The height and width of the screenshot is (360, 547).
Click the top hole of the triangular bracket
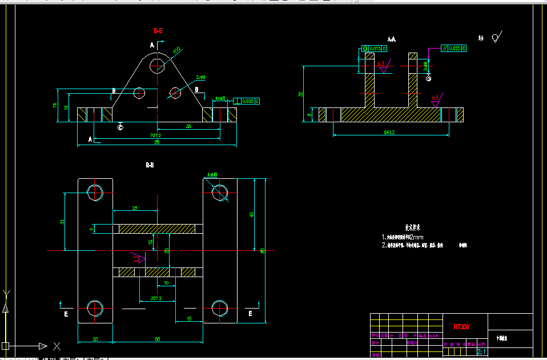tap(157, 66)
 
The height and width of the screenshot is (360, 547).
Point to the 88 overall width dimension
tap(157, 142)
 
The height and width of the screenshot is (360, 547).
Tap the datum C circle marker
tap(120, 127)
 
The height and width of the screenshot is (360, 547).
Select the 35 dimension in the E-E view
tap(188, 126)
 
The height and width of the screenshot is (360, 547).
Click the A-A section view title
tap(392, 39)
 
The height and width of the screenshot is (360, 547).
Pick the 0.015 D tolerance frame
tap(375, 49)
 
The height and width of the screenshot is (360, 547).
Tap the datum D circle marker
tap(428, 78)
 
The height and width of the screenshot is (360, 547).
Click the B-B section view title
tap(150, 165)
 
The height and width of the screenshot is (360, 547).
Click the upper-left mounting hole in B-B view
tap(95, 192)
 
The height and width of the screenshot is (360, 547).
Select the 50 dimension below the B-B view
tap(157, 339)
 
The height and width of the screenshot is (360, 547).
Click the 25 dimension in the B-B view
tap(134, 207)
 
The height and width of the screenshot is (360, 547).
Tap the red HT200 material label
tap(461, 327)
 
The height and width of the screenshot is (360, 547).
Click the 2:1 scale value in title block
tap(481, 345)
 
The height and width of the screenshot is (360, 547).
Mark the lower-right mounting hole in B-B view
tap(220, 307)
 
